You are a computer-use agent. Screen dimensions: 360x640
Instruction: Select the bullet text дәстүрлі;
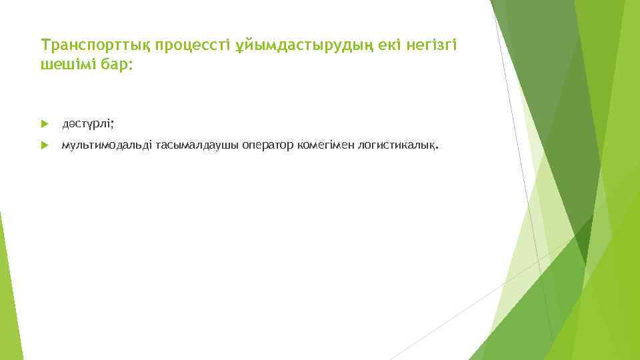pos(89,124)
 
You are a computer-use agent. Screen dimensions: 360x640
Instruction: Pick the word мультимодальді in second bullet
pos(107,145)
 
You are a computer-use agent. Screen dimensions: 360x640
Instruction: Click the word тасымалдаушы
pos(189,145)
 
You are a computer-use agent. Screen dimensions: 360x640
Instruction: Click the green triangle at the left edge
pos(8,293)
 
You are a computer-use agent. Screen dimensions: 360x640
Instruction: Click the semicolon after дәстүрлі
pos(114,125)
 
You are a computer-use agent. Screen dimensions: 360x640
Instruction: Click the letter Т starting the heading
pos(45,45)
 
